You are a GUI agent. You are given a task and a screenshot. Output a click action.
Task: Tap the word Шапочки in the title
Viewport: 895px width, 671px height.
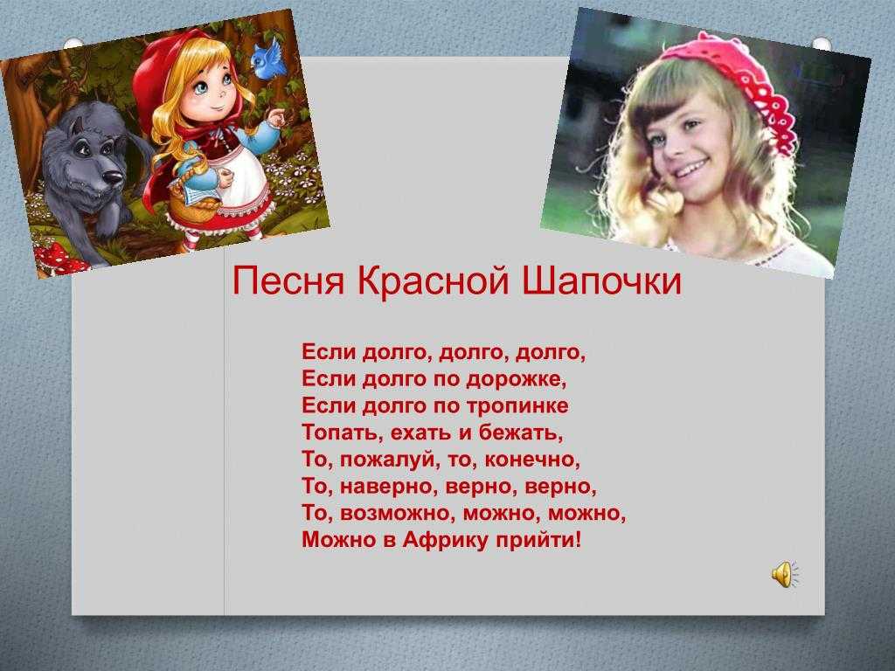pos(601,280)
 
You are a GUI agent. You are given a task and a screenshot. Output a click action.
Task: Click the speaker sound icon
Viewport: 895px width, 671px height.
pos(785,573)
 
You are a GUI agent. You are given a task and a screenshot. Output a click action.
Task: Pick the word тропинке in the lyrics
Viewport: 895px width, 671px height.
pos(517,406)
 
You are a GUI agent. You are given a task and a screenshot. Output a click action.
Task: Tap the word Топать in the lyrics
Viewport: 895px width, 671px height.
pos(343,432)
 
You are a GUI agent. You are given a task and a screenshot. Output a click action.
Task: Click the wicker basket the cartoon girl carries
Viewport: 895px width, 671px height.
pos(194,200)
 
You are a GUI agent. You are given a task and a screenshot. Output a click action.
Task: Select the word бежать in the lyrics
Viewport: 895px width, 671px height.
pos(521,432)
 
